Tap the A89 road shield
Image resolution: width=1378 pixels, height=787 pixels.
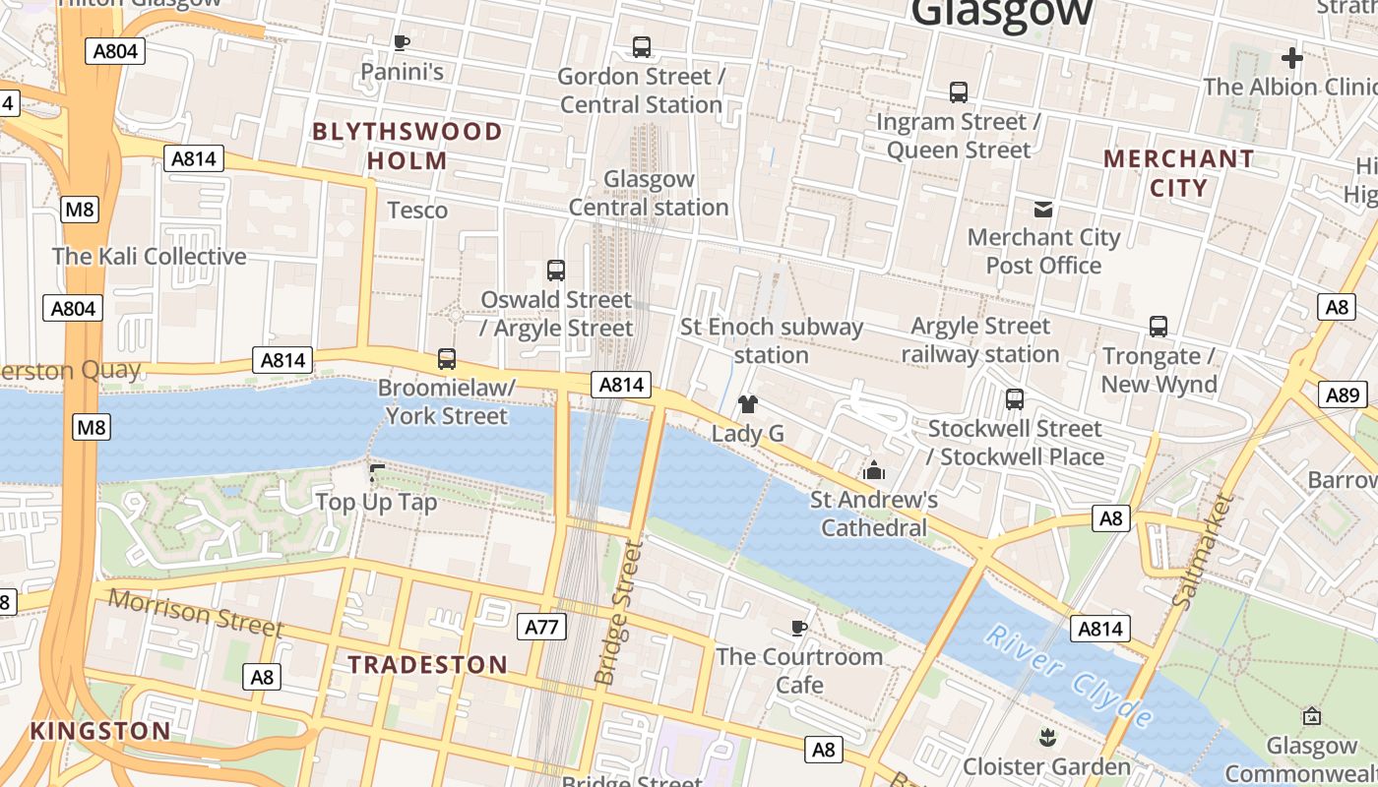(x=1343, y=395)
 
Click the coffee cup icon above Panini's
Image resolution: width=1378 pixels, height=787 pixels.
(x=401, y=42)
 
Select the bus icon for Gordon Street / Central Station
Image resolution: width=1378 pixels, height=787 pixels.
(x=642, y=46)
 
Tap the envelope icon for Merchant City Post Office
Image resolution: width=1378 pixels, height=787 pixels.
(x=1043, y=209)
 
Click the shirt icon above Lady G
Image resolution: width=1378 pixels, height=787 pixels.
(x=748, y=403)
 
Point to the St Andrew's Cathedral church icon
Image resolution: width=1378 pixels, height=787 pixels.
(x=873, y=471)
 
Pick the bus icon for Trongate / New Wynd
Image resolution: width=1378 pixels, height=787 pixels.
(x=1159, y=327)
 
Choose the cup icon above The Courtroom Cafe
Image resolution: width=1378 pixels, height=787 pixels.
(x=799, y=628)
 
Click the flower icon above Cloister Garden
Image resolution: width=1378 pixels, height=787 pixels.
(x=1046, y=737)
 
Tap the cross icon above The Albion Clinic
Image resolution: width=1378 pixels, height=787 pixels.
(x=1292, y=58)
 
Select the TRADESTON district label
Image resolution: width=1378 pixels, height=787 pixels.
(x=428, y=665)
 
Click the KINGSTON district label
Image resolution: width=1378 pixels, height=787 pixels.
(x=100, y=731)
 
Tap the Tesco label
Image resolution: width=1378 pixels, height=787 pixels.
(x=417, y=211)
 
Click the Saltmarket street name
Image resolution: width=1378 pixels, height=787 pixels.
(x=1203, y=549)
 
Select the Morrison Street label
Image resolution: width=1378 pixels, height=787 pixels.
(x=195, y=613)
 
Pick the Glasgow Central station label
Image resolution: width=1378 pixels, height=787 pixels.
(x=649, y=194)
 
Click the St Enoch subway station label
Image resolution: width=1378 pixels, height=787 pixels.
(x=772, y=340)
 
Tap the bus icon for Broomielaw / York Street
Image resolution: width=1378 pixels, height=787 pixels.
(x=447, y=359)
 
